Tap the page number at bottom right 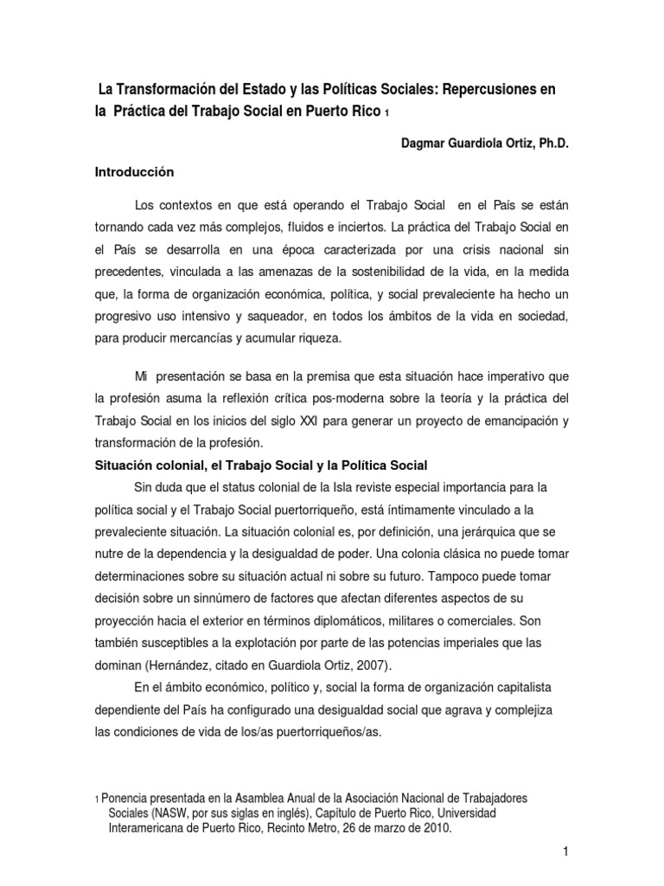pos(565,852)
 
